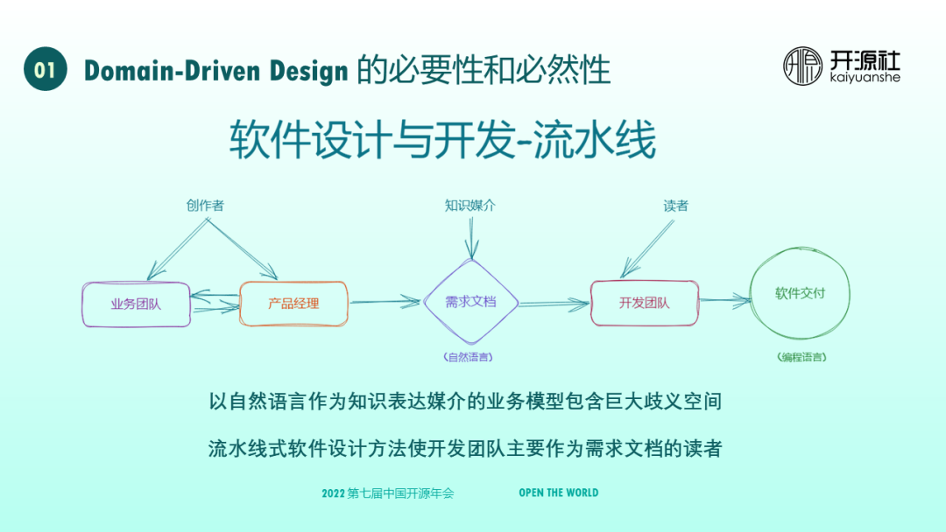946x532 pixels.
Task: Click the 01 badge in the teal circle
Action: (46, 69)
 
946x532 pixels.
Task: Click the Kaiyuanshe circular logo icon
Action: (802, 66)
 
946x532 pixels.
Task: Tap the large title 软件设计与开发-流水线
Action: (442, 140)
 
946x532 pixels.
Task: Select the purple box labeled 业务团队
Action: (136, 304)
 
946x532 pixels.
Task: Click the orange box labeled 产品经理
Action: (293, 304)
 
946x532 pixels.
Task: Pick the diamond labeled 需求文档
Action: (470, 302)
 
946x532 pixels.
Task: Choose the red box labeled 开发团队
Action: (644, 303)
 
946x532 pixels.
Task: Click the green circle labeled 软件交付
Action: (800, 294)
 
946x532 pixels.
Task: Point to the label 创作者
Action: (205, 206)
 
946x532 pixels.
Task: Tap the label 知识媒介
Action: (470, 206)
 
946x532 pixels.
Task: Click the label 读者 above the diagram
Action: (675, 206)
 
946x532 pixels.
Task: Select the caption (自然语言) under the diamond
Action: (470, 357)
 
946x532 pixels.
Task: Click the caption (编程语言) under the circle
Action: (801, 357)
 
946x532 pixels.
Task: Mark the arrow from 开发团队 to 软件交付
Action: (724, 301)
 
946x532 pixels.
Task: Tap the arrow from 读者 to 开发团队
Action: (648, 248)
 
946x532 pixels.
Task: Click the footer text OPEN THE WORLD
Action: (558, 493)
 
